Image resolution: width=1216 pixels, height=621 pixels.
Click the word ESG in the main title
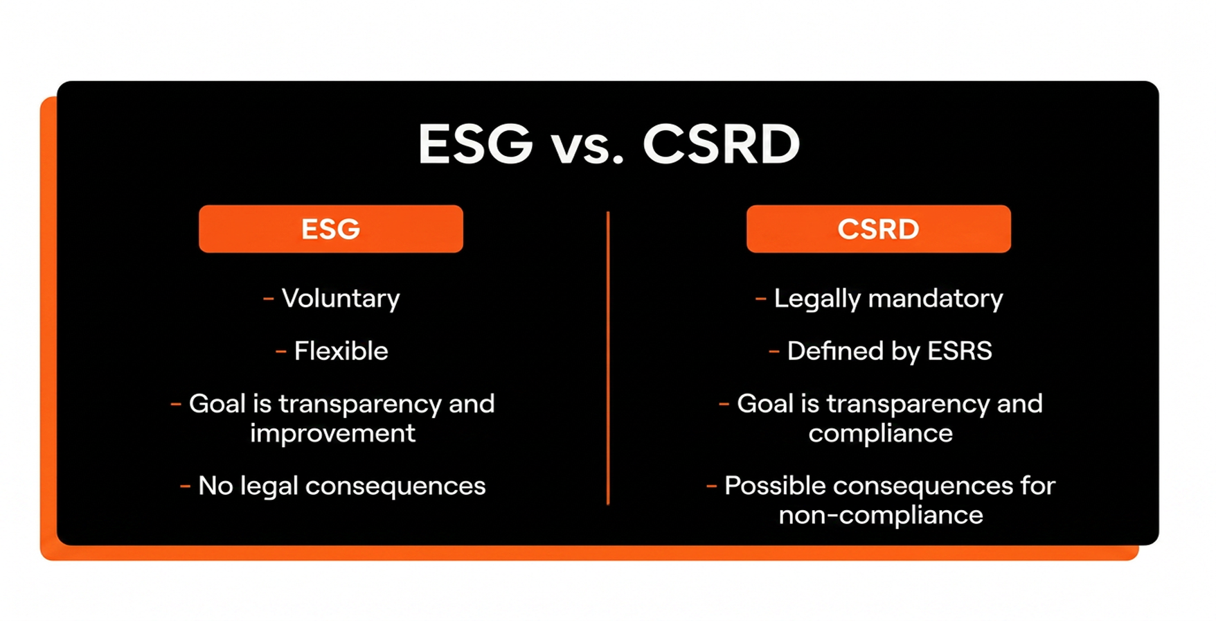[476, 144]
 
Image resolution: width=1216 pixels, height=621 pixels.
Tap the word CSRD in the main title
[721, 144]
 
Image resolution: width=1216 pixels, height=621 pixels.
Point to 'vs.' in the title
[587, 149]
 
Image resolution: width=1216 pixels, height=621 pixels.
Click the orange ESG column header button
[331, 229]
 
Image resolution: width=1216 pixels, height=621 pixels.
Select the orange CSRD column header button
[878, 229]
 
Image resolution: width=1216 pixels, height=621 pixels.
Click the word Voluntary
[341, 299]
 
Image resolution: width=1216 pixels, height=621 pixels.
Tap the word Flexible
[341, 351]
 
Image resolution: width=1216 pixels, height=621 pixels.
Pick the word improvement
[332, 433]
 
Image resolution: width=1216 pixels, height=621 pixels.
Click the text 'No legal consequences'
[342, 486]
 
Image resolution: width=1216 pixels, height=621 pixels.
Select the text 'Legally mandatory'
[888, 299]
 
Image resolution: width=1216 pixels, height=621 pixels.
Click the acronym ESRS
[960, 351]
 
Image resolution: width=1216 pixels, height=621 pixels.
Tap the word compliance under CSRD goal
[880, 434]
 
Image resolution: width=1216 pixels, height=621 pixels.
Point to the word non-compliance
[881, 515]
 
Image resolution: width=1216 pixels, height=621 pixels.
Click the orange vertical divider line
[608, 358]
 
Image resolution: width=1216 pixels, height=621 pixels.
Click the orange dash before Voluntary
[269, 299]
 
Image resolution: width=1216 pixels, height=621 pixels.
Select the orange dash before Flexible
[281, 352]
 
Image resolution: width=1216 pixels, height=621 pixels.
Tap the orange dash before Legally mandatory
[761, 299]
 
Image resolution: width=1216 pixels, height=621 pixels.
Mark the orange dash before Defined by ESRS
[774, 352]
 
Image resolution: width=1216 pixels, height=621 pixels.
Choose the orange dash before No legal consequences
[186, 487]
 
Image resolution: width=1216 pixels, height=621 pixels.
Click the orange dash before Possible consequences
[712, 487]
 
